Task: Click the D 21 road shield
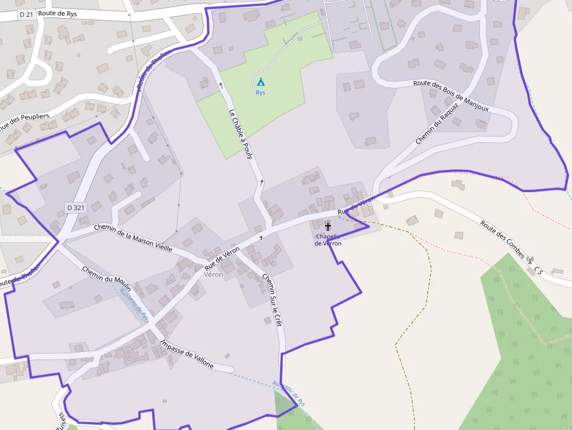(26, 14)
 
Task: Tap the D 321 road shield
(76, 207)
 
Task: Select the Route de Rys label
(57, 13)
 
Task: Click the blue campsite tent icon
(261, 82)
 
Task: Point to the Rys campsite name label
(260, 93)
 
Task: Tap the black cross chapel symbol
(327, 226)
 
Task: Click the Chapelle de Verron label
(328, 240)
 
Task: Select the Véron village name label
(213, 274)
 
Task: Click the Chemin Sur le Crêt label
(273, 299)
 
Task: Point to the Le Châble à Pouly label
(240, 134)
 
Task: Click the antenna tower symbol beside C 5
(530, 260)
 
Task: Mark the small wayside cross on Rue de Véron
(261, 237)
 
